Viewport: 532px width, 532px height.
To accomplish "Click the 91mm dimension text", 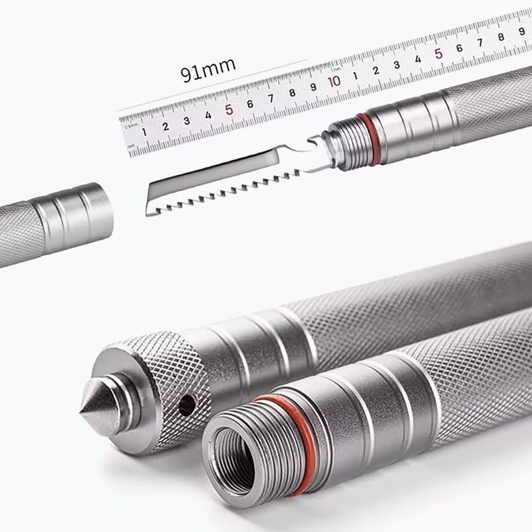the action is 207,70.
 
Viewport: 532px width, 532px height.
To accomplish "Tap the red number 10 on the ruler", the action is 334,81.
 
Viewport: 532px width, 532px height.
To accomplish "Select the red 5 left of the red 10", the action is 229,110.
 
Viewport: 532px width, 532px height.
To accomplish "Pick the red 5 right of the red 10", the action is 438,54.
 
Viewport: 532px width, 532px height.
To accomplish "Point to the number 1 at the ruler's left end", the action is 144,132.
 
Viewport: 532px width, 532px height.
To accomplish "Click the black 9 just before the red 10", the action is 313,87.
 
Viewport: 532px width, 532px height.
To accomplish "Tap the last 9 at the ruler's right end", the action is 522,31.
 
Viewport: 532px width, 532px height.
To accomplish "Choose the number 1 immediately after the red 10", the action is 355,76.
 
